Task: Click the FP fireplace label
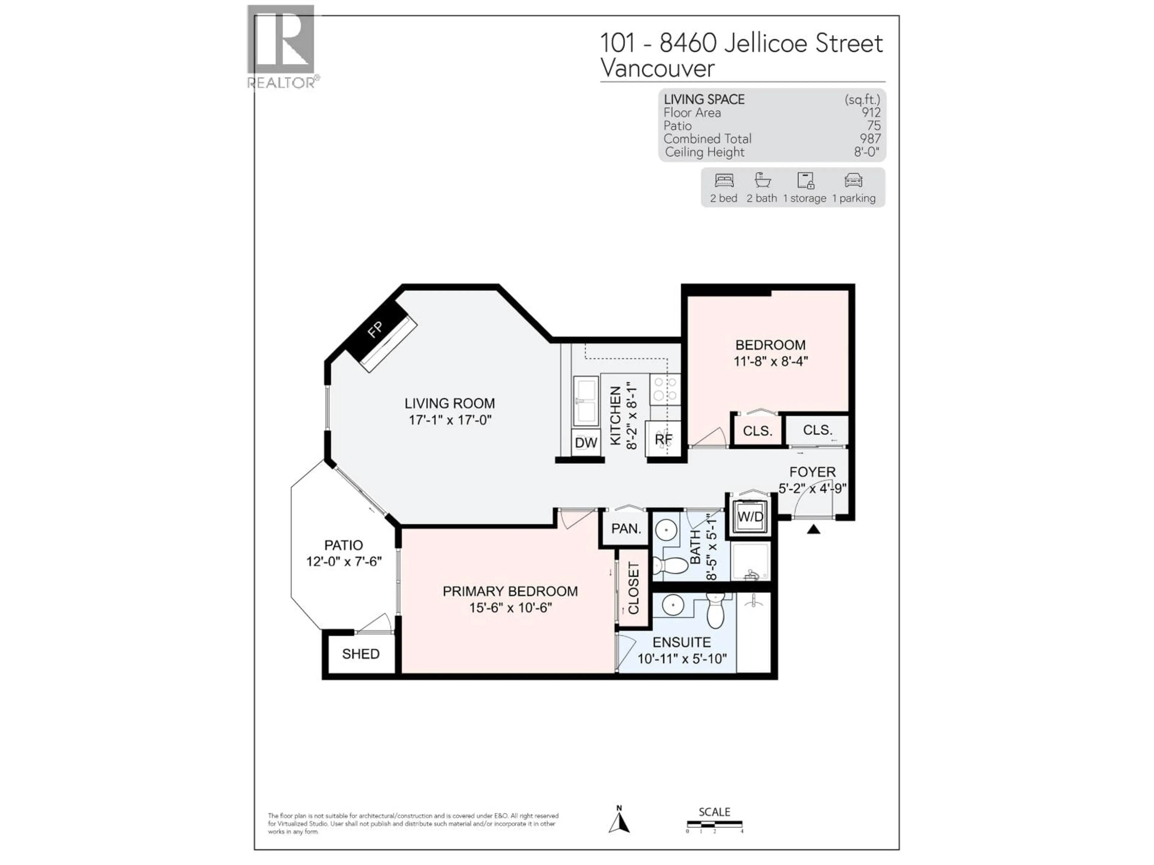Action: tap(374, 329)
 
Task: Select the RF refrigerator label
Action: tap(664, 439)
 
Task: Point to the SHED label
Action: tap(361, 654)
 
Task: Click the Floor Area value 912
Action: tap(871, 113)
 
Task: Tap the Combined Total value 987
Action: tap(870, 139)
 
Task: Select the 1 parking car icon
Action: tap(853, 181)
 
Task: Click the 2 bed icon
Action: tap(724, 181)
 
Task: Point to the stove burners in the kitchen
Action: tap(665, 389)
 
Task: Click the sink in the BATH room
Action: tap(666, 531)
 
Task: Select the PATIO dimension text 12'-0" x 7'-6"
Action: tap(344, 562)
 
